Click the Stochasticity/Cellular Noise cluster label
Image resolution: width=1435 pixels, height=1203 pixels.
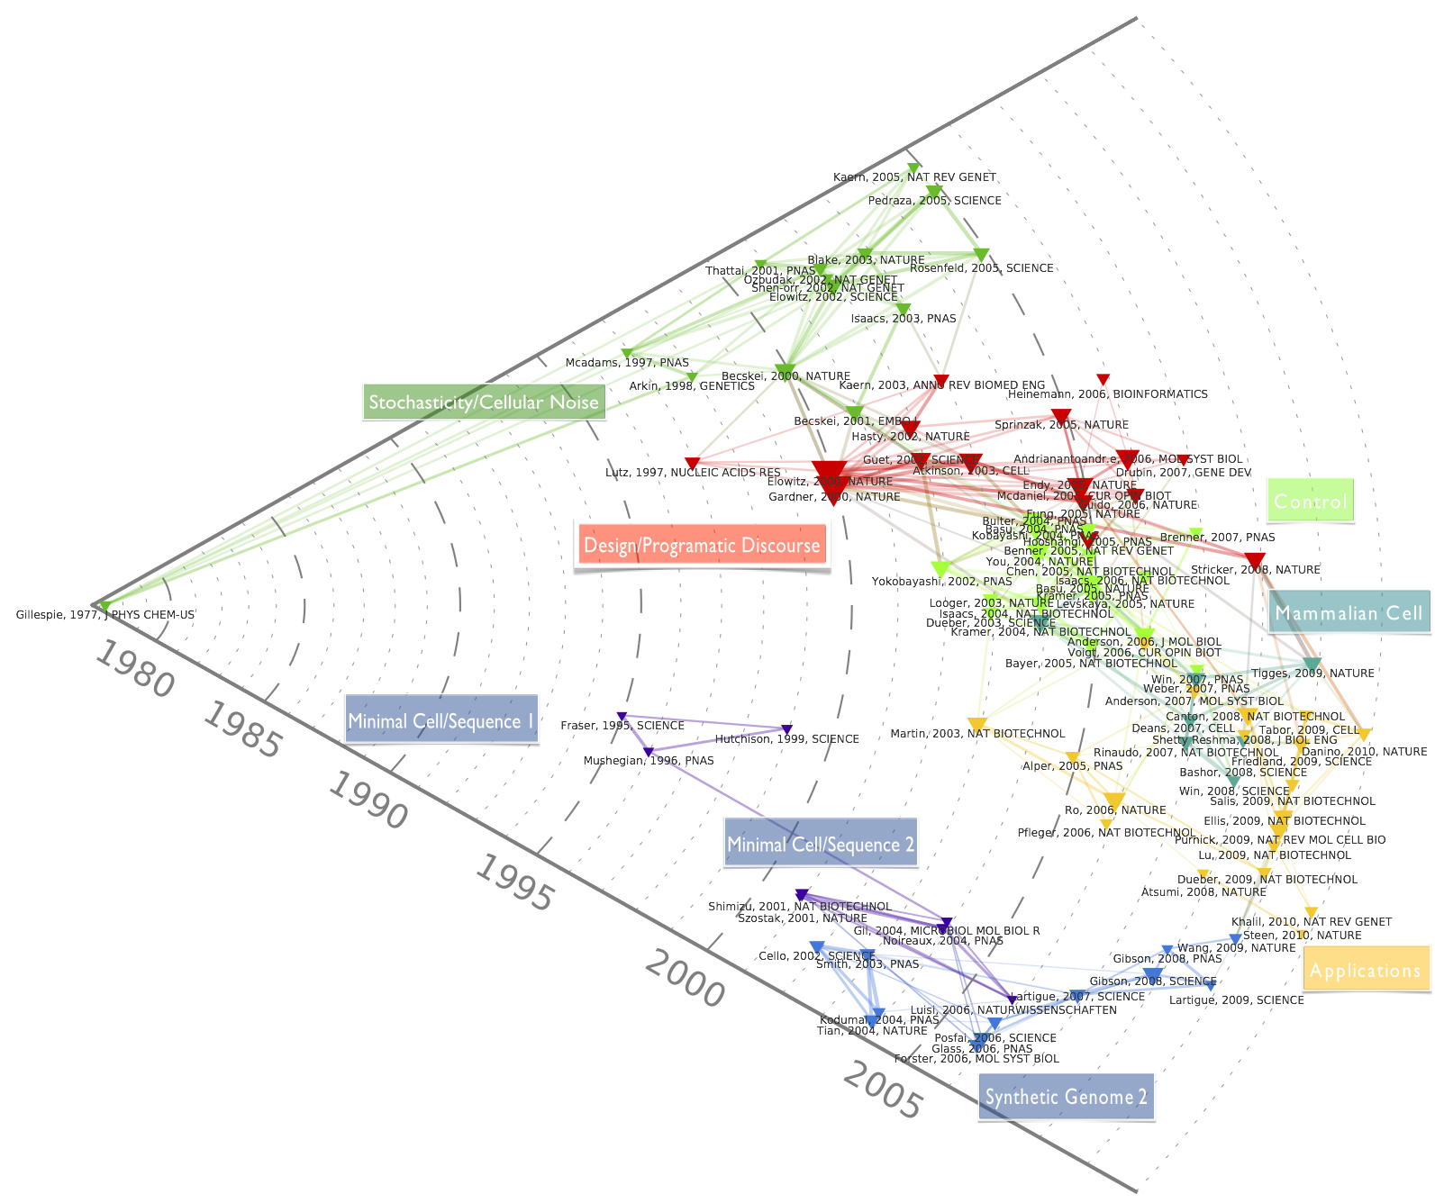point(484,403)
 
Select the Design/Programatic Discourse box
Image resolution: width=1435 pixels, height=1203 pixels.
point(702,545)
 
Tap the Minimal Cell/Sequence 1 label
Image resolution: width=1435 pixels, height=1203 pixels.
point(441,720)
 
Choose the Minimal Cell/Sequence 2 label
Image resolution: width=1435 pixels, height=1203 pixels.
point(821,844)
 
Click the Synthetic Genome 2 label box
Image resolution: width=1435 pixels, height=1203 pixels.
point(1066,1097)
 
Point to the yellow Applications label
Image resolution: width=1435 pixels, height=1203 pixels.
point(1366,971)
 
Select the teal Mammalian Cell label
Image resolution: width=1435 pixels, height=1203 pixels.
point(1349,613)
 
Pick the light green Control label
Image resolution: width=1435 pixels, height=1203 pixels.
point(1310,502)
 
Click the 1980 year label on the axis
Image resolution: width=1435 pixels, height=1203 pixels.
point(134,670)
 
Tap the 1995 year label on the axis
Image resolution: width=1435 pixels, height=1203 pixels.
point(513,882)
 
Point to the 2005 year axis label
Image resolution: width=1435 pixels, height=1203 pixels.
point(884,1090)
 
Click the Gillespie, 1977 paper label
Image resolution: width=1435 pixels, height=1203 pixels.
point(105,615)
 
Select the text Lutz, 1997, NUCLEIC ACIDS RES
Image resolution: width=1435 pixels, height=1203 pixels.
point(693,473)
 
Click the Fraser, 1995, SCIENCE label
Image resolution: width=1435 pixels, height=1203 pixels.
point(622,726)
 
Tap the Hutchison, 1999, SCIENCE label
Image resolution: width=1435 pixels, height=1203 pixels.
point(787,739)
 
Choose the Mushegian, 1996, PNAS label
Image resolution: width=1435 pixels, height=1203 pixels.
point(649,761)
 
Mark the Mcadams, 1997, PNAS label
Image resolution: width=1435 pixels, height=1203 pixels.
point(627,363)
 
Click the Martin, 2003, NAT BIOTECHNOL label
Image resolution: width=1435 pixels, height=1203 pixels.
point(977,734)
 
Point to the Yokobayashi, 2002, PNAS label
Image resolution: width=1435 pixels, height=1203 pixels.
point(941,582)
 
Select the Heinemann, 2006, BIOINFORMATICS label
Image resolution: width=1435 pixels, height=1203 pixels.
point(1108,394)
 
